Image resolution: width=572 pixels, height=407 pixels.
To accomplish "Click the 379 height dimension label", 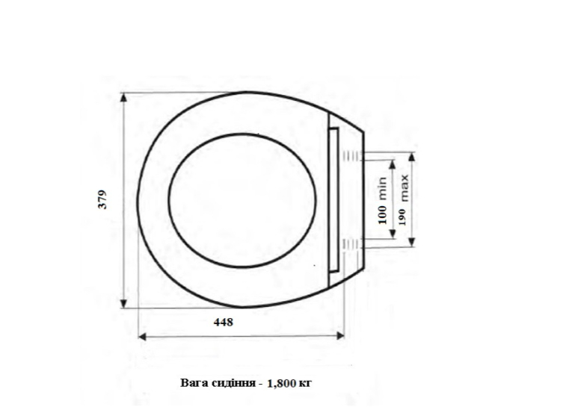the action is tap(103, 199).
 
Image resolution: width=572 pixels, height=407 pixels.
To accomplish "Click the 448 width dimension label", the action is tap(224, 322).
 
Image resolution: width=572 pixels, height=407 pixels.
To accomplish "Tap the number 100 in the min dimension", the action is tap(382, 214).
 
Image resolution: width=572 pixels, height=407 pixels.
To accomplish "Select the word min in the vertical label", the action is tap(382, 188).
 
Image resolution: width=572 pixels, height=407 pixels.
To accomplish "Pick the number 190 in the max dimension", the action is tap(402, 217).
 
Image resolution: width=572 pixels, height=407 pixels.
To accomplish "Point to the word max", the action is tap(405, 188).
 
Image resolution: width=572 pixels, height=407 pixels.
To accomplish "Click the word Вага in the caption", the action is tap(194, 383).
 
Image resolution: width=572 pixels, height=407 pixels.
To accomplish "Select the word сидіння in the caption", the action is tap(233, 383).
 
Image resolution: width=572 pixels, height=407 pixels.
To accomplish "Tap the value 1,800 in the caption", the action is tap(281, 384).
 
